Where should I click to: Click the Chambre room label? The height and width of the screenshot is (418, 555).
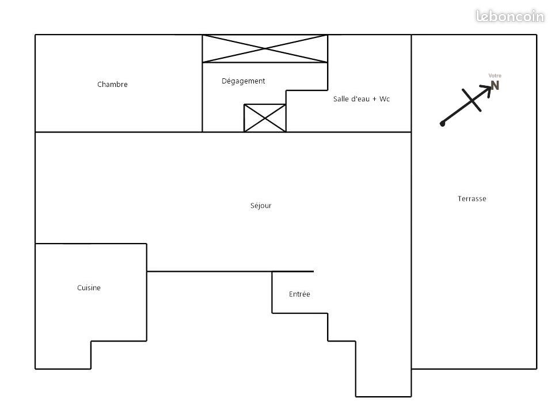[112, 85]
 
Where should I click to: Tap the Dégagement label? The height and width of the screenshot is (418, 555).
[243, 81]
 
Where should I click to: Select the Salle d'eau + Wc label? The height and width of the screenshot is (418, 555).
[361, 99]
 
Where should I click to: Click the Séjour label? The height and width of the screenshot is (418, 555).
[260, 206]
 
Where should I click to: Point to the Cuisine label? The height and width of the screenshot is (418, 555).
[89, 288]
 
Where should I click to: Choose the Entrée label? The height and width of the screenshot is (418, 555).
[299, 294]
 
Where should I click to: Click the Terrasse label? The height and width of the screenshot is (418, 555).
[472, 199]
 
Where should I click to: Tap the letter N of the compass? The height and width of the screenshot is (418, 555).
[495, 86]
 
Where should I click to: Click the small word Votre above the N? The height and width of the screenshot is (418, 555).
[495, 76]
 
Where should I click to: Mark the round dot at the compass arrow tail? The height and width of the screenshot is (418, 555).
[442, 123]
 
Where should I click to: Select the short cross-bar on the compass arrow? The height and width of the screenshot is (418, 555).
[472, 100]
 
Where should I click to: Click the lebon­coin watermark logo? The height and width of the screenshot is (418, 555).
[510, 17]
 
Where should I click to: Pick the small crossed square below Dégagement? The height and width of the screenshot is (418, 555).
[265, 118]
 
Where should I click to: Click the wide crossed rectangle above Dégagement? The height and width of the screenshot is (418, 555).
[265, 48]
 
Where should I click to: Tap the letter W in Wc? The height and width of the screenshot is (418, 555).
[382, 99]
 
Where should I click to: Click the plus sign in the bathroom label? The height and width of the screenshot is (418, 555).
[374, 100]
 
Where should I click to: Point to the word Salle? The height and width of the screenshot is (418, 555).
[341, 99]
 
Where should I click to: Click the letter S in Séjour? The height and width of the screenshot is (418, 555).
[252, 206]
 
